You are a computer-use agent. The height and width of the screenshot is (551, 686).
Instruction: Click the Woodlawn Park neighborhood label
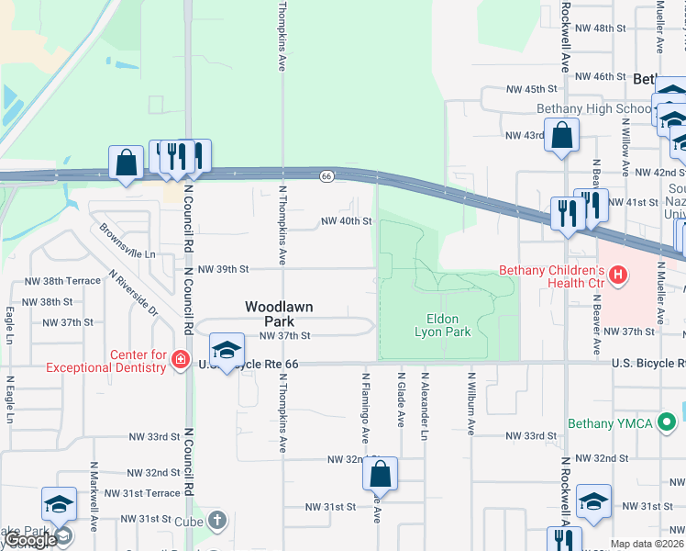pos(267,314)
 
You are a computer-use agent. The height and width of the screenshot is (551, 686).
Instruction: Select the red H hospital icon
pos(619,274)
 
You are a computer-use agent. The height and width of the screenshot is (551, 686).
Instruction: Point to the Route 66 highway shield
pos(326,174)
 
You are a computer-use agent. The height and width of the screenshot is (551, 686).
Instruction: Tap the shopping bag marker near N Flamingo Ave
pos(380,475)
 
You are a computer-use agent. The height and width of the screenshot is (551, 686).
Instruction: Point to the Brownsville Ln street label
pos(127,242)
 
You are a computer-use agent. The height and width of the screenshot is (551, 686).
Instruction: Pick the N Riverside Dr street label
pos(133,293)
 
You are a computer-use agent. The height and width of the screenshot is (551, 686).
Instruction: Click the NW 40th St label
pos(346,221)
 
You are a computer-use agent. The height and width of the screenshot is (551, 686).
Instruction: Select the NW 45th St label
pos(532,89)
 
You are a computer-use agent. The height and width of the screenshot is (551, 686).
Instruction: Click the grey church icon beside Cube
pos(216,520)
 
